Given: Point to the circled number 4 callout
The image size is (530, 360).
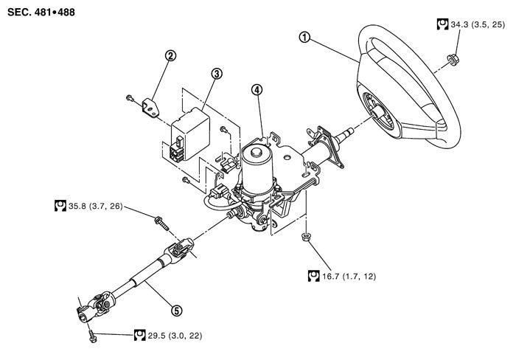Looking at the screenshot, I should (x=256, y=91).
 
